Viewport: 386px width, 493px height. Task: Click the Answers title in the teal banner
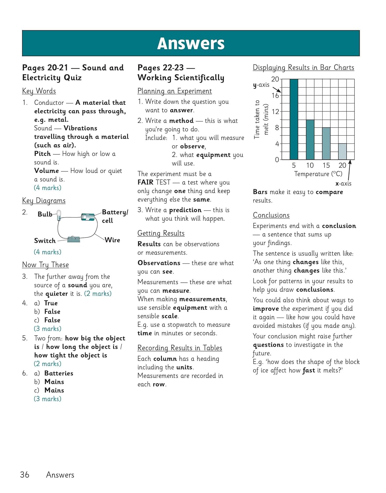coord(191,43)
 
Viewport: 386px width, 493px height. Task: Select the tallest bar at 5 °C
coord(294,119)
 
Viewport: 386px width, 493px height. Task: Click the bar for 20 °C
coord(342,152)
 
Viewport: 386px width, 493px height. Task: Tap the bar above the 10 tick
coord(310,140)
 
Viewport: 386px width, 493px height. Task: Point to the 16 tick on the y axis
coord(275,95)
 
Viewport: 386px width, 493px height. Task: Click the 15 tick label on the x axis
coord(326,165)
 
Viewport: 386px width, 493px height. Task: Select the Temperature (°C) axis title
coord(318,174)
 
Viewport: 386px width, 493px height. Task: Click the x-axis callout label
coord(343,183)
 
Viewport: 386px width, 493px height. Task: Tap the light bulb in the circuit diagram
coord(59,215)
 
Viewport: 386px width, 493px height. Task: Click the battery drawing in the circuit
coord(88,217)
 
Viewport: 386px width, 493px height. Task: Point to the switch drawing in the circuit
coord(74,239)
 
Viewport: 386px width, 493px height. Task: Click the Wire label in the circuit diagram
coord(112,240)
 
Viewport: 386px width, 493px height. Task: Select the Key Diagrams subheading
coord(44,200)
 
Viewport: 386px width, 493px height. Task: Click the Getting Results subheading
coord(161,233)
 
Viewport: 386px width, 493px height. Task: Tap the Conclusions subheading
coord(271,215)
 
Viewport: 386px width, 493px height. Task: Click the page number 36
coord(25,475)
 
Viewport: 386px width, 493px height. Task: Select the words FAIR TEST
coord(154,182)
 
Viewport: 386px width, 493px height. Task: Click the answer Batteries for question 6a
coord(59,373)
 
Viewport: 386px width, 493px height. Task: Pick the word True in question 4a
coord(51,303)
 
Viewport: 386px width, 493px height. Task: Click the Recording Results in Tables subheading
coord(180,348)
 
